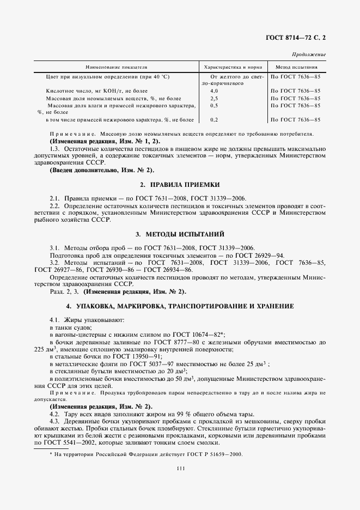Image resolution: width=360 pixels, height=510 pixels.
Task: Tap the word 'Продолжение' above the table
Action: (x=309, y=55)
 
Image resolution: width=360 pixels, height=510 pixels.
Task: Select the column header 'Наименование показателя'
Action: (x=117, y=66)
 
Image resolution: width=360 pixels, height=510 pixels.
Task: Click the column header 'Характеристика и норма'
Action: (x=232, y=66)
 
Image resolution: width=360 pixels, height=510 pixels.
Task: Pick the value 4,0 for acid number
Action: (x=213, y=90)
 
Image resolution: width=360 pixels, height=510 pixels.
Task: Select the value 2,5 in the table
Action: (x=213, y=98)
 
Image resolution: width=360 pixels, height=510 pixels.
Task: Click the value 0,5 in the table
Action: (x=213, y=105)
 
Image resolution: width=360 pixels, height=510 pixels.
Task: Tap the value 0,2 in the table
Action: (x=213, y=119)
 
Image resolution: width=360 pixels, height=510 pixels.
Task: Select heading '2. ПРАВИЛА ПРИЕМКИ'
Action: (x=180, y=185)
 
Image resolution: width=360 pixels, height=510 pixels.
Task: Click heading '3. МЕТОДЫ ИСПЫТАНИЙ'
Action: (x=180, y=234)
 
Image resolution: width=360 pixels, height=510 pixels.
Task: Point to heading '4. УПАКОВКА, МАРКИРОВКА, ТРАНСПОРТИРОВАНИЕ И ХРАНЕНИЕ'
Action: (x=180, y=306)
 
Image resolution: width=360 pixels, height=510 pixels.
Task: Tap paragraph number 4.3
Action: (x=54, y=421)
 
